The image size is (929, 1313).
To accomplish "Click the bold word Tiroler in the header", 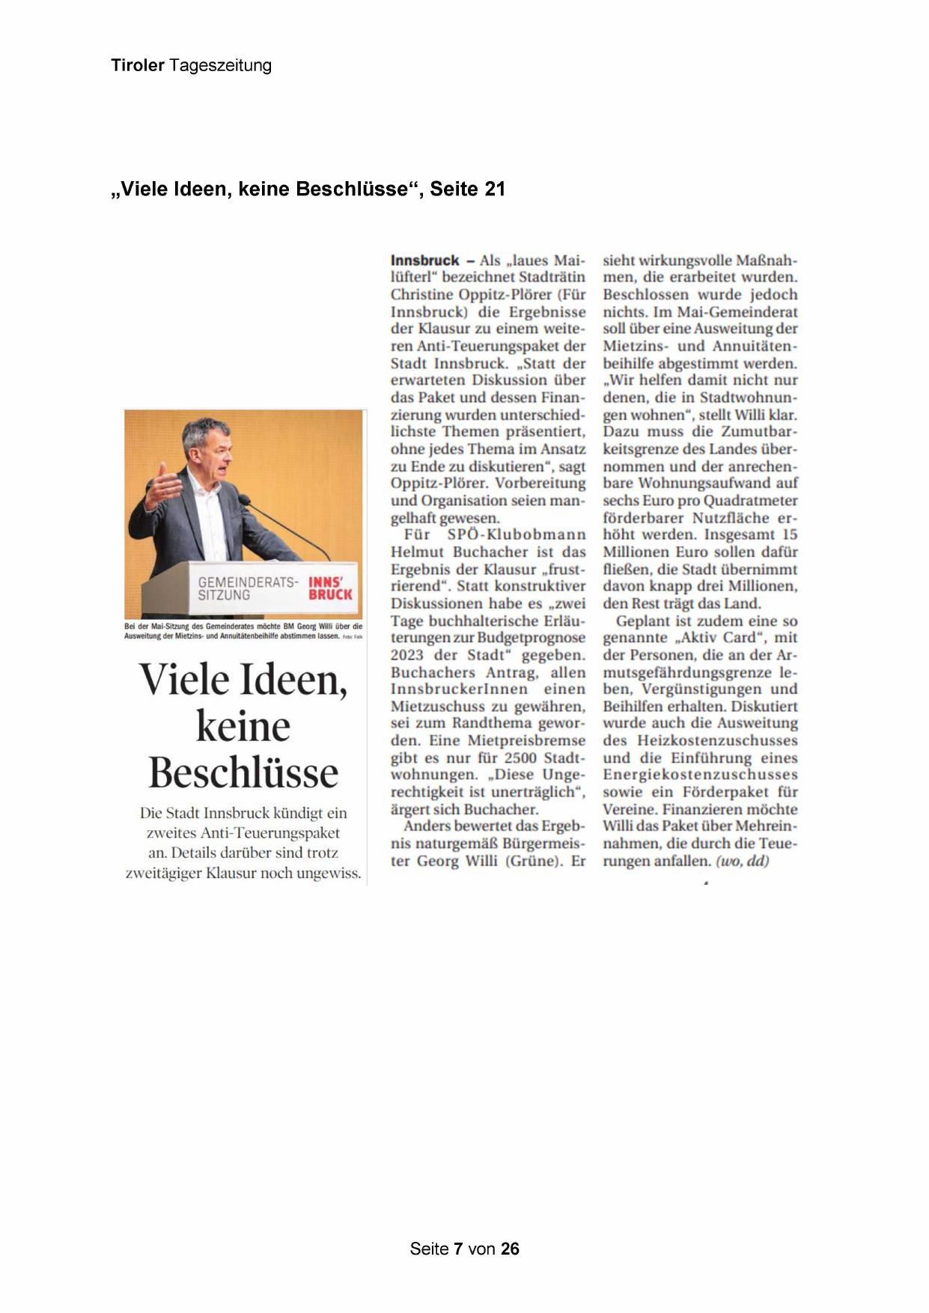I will point(138,65).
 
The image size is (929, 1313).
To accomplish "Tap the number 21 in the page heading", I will point(495,189).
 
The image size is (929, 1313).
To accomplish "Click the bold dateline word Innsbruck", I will point(424,261).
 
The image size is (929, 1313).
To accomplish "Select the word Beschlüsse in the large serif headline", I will point(243,773).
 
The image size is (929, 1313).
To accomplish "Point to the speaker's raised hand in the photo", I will point(163,484).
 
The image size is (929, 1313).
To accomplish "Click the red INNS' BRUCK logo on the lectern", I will point(330,588).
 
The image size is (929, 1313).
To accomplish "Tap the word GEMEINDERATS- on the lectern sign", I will point(248,582).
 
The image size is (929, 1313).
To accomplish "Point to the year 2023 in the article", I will point(406,655).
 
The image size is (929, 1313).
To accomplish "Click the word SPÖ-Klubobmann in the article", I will point(517,534).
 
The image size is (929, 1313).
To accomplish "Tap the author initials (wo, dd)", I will point(743,861).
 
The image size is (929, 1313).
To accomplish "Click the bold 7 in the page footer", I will point(459,1249).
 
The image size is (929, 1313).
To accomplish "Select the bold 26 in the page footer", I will point(510,1249).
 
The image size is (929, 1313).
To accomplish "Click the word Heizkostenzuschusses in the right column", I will point(717,740).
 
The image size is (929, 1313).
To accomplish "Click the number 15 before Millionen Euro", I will point(789,534).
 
